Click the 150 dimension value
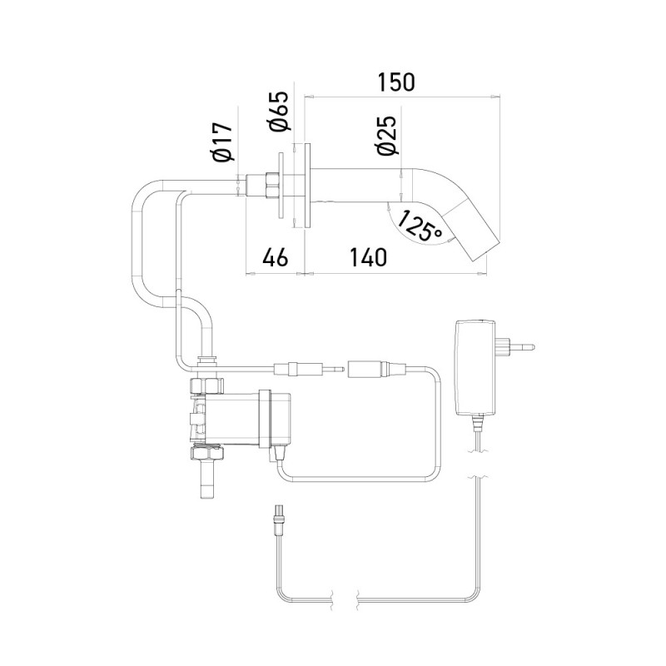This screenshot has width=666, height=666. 396,82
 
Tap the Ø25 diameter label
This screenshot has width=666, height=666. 385,135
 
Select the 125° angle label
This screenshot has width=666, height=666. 420,225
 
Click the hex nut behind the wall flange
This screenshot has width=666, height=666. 271,185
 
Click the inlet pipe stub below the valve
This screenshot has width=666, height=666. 206,481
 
